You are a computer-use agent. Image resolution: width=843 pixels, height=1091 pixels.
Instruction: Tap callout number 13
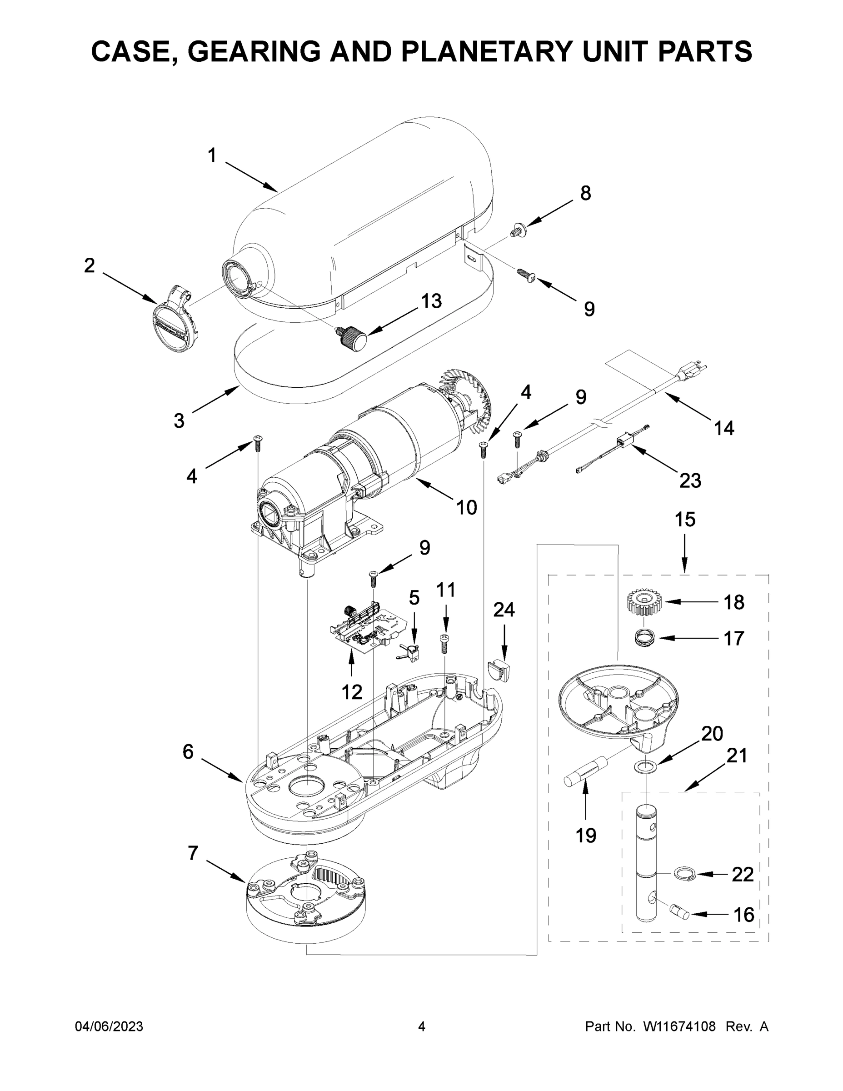coord(431,301)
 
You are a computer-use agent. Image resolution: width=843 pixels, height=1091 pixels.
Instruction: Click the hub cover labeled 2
coord(175,319)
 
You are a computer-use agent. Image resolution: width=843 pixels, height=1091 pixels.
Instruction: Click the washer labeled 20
coord(646,766)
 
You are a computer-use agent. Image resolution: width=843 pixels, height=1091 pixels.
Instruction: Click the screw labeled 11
coord(444,644)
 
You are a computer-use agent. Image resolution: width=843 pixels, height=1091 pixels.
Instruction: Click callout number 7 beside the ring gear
coord(194,853)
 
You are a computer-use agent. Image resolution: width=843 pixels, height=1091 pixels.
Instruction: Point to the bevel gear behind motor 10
coord(467,397)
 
